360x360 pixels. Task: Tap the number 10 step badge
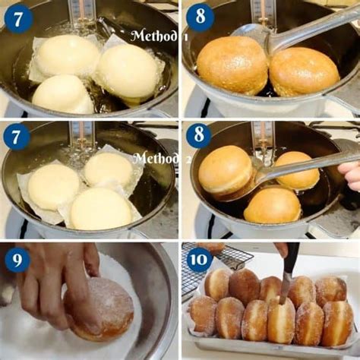click(199, 260)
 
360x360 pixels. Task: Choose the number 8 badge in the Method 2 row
click(199, 137)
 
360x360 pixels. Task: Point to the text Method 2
click(157, 158)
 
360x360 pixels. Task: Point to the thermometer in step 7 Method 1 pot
click(82, 13)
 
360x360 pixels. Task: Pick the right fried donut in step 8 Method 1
click(304, 71)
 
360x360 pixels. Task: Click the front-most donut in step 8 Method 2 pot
click(273, 205)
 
